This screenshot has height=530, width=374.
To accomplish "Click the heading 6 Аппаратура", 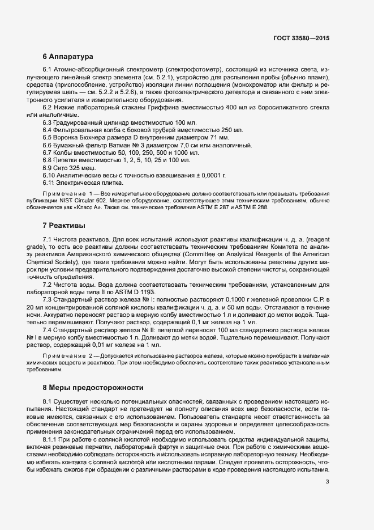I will point(64,57).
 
